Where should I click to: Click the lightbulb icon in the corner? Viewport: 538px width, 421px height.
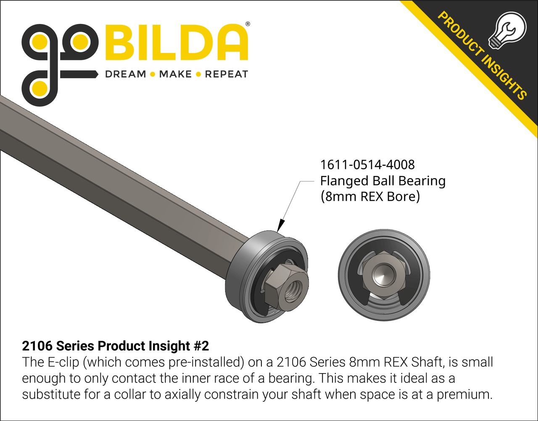(507, 30)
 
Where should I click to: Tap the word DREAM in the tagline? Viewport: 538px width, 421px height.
(125, 74)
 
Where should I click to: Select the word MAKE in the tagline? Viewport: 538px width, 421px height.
(175, 74)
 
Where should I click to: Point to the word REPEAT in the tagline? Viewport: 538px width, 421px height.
(227, 74)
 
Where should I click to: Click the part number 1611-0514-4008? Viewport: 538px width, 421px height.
(367, 165)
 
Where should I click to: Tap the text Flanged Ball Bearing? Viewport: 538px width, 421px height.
(382, 181)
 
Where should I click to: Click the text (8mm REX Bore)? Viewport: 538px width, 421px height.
(370, 197)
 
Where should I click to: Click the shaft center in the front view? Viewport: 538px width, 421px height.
(384, 275)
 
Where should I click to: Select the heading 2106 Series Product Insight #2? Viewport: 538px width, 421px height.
(115, 346)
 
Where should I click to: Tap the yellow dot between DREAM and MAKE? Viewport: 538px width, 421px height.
(153, 75)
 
